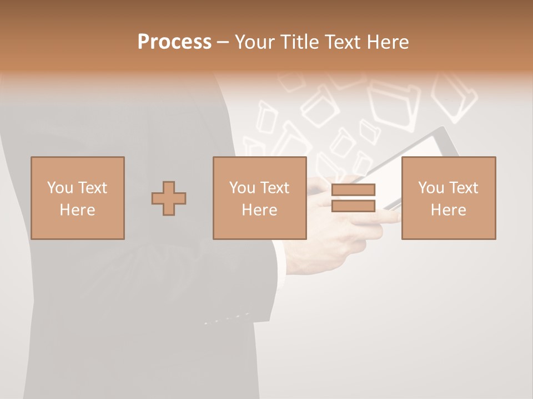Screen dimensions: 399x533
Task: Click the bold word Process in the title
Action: click(x=174, y=42)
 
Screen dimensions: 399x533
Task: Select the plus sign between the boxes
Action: click(x=169, y=198)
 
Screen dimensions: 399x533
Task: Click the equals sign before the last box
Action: click(x=353, y=198)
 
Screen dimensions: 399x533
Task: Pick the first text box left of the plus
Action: click(x=77, y=198)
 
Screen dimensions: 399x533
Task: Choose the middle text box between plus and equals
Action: click(x=259, y=198)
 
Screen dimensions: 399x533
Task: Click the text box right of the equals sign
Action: click(x=448, y=198)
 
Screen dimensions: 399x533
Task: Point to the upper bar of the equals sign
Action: click(x=353, y=190)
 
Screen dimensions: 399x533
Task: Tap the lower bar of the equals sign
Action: click(x=353, y=206)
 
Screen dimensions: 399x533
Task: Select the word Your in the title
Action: click(x=253, y=42)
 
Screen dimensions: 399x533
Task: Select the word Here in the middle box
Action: click(x=259, y=210)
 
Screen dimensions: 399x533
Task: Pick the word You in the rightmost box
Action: click(x=431, y=188)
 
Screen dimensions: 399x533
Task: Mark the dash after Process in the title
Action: click(x=223, y=42)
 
